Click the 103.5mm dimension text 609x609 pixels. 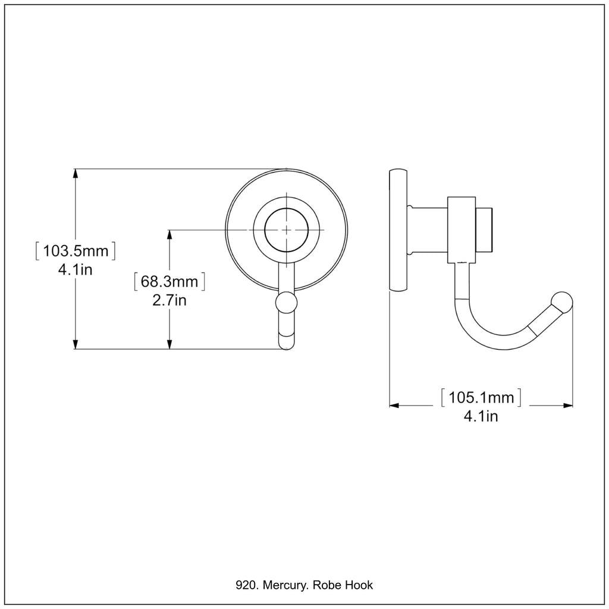click(76, 251)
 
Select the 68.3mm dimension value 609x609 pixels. click(169, 281)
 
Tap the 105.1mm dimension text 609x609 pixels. click(481, 397)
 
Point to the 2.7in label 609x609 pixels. click(169, 300)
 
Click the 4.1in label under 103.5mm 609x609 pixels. click(76, 269)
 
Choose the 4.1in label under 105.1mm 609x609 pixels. click(481, 416)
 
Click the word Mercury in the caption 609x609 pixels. click(285, 585)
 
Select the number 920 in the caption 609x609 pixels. click(246, 585)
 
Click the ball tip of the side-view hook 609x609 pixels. click(562, 302)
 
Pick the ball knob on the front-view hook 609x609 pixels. click(286, 302)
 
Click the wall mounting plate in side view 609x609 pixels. click(398, 230)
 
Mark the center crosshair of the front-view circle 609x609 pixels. click(286, 230)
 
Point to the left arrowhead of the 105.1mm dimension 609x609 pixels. click(394, 406)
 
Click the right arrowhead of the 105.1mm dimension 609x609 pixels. click(568, 406)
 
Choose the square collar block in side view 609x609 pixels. click(462, 230)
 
